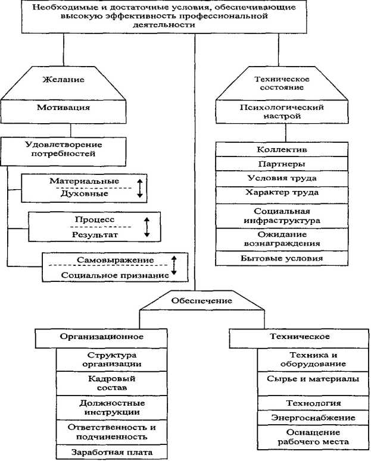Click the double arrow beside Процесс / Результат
pos(146,227)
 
